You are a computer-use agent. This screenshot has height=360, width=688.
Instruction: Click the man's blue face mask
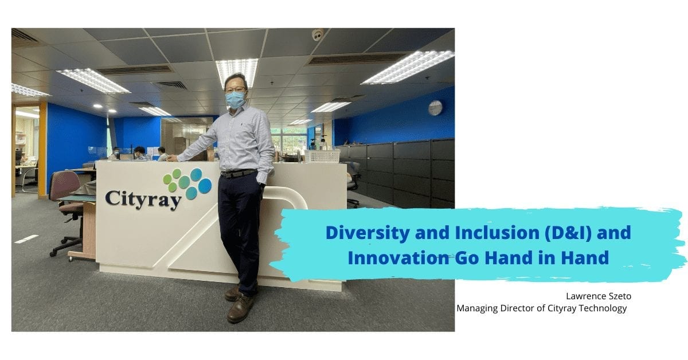pyautogui.click(x=235, y=100)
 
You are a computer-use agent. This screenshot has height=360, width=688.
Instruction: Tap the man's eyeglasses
pyautogui.click(x=235, y=89)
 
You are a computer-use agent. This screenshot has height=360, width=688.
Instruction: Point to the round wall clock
pyautogui.click(x=435, y=108)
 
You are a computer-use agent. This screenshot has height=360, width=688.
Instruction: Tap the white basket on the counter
pyautogui.click(x=322, y=156)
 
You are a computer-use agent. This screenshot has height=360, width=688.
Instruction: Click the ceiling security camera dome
pyautogui.click(x=318, y=35)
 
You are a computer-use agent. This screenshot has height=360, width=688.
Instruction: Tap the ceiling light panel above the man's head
pyautogui.click(x=236, y=68)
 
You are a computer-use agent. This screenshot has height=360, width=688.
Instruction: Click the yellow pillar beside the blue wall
pyautogui.click(x=42, y=149)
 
